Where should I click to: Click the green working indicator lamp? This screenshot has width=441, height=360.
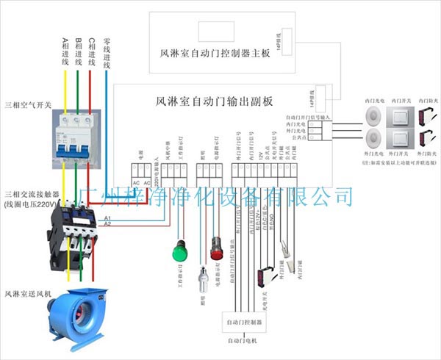179,252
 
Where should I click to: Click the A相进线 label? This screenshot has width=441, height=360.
65,54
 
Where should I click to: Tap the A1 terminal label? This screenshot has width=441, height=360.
108,219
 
